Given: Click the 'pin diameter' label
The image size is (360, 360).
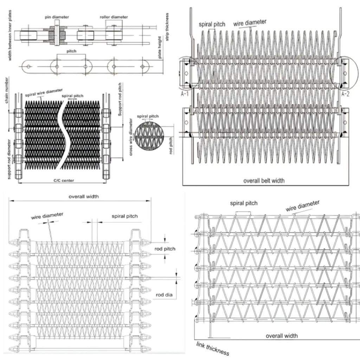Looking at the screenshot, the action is pos(57,17).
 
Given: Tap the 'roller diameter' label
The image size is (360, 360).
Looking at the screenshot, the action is pos(114,17).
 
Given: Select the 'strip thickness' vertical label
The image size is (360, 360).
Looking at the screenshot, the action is pos(167,27).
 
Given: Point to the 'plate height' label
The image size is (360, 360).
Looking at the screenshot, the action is pos(160,47).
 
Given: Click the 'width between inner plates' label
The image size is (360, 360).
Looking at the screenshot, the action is pos(9,36).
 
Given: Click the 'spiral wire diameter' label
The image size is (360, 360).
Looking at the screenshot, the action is pos(44,92).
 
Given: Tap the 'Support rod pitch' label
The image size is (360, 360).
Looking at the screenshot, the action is pos(120,99).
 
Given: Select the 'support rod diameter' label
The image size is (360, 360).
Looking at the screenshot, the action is pos(9,159).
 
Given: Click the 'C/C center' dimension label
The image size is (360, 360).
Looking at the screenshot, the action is pos(64,180).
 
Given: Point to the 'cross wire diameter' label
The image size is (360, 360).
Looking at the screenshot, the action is pos(131,137).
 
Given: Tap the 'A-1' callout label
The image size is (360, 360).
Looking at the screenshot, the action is pos(185,94).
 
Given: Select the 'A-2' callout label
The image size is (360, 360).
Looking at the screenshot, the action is pos(345,94).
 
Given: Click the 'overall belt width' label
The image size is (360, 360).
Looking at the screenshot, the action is pos(264,181).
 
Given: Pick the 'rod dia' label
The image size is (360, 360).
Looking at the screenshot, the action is pos(164,295).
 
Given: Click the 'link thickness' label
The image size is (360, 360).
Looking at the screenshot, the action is pos(213,348).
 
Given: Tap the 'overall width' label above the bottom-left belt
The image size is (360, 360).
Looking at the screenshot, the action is pos(84,197).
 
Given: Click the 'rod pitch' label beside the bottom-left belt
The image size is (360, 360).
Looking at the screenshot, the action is pos(165,249).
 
